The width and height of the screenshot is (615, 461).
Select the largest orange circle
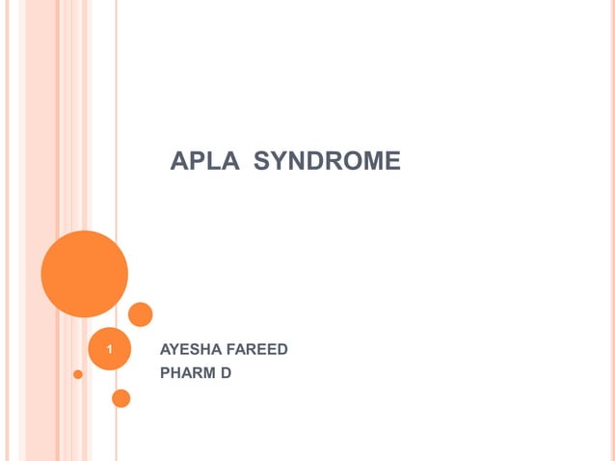pos(85,274)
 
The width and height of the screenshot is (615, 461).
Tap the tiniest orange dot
pos(78,374)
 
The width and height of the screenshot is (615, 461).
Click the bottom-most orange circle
pos(121,397)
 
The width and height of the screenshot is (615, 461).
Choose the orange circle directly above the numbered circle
pos(141,314)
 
